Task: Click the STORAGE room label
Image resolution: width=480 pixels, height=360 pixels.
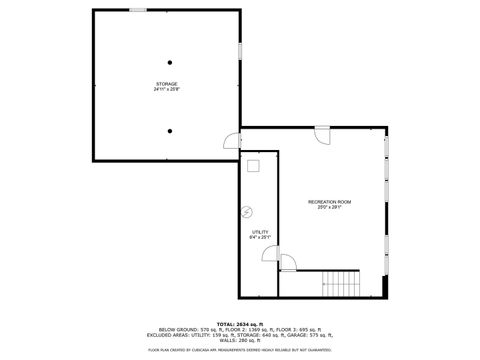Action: coord(166,83)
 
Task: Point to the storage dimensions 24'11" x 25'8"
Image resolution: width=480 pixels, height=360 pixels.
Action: coord(166,89)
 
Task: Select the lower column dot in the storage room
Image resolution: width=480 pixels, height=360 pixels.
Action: coord(170,130)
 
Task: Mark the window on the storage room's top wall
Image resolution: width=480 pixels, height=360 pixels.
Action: coord(136,10)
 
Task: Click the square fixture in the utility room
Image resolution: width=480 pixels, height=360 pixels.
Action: coord(254,167)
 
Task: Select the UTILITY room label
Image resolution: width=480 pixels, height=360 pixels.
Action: coord(259,232)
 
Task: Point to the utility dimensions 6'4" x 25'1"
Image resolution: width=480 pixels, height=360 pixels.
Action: coord(259,238)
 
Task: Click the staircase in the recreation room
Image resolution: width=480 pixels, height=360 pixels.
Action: coord(341,283)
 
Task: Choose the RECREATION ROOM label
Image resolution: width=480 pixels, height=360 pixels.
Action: coord(329,202)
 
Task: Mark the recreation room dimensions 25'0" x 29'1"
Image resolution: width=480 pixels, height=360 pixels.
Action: coord(329,208)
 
